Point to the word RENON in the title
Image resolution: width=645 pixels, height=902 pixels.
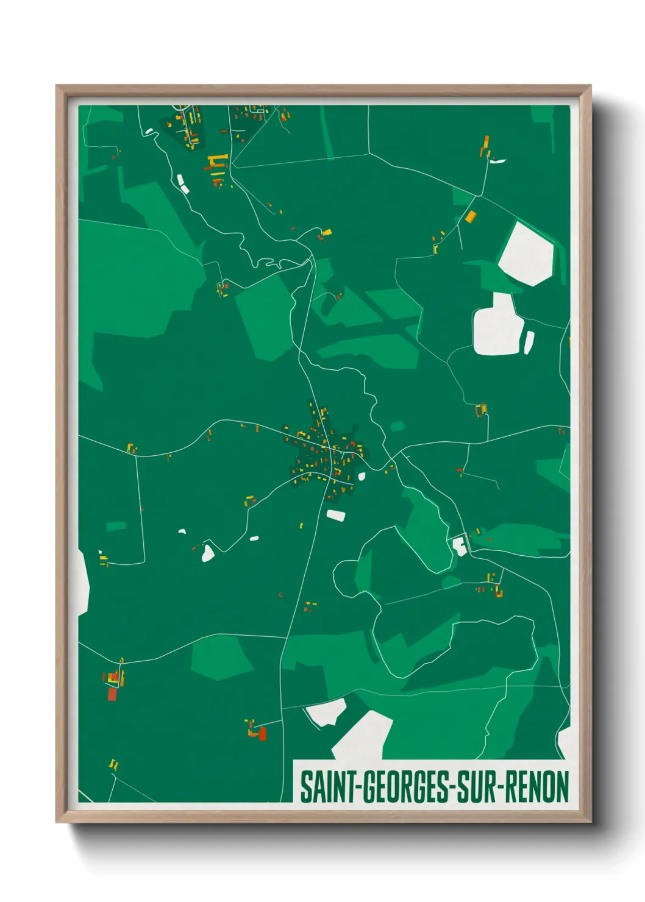click(x=536, y=787)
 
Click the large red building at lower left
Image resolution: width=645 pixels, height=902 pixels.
click(x=112, y=694)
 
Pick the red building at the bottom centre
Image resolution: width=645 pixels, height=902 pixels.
click(x=263, y=733)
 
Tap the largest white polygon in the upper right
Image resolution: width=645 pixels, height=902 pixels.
click(x=526, y=254)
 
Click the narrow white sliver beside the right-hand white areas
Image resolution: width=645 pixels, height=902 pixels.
click(x=529, y=342)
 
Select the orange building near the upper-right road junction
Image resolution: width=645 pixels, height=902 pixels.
click(x=471, y=216)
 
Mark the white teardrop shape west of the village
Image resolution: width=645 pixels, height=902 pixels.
click(x=208, y=553)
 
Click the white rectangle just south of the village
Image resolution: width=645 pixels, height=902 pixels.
click(x=336, y=515)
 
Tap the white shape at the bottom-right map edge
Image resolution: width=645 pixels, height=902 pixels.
click(x=565, y=740)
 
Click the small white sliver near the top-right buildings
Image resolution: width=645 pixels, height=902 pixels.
click(x=498, y=161)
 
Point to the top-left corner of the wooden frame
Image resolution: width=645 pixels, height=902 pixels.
click(x=58, y=87)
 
